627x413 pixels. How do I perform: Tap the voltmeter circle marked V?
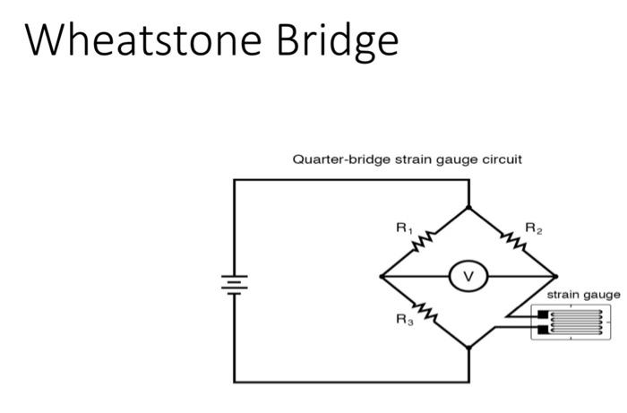468,277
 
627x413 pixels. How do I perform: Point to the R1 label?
404,228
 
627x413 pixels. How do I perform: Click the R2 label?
534,228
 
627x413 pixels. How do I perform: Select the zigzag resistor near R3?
425,314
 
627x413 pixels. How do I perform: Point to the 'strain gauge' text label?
583,294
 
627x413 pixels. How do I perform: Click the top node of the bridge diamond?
468,207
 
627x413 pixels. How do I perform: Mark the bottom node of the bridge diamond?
468,347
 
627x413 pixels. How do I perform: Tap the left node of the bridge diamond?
382,277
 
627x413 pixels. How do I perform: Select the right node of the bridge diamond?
555,277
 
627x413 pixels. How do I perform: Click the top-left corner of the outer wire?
235,180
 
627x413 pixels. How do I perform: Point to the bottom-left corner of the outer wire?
235,382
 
